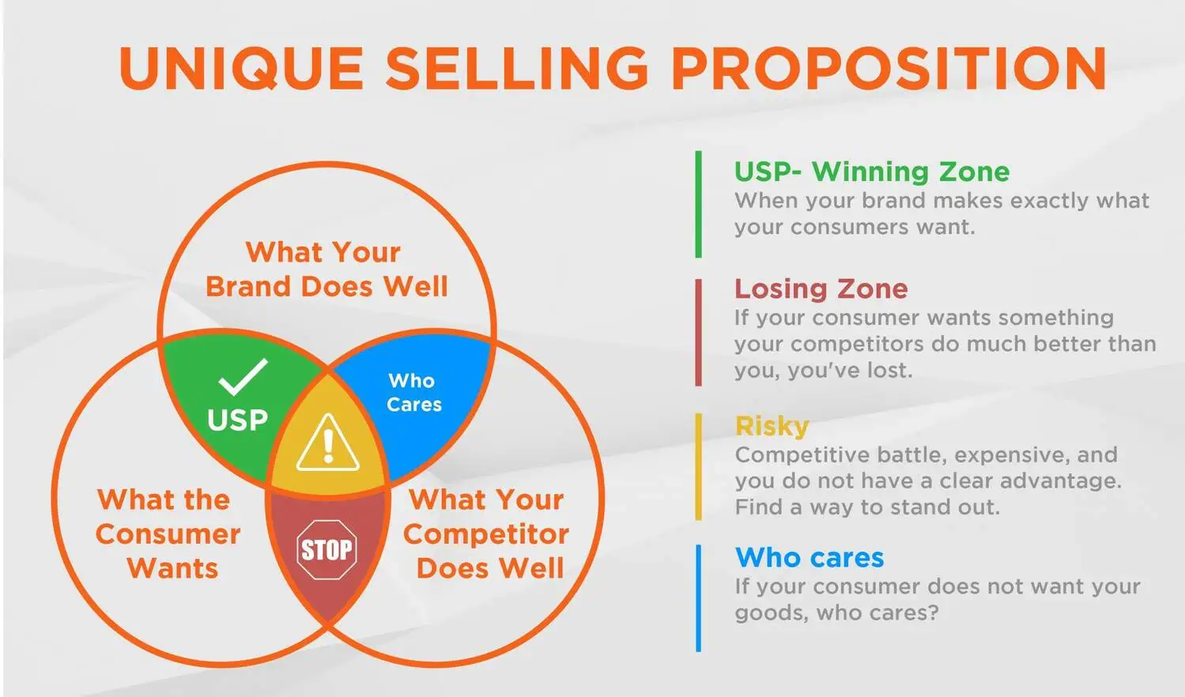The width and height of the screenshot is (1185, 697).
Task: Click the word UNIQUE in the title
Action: (242, 69)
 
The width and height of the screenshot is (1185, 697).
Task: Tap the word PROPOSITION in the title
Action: (889, 69)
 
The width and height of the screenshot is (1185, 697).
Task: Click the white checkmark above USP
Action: (243, 377)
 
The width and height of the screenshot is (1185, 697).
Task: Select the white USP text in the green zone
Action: (237, 420)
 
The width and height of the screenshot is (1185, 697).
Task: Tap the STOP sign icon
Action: (326, 549)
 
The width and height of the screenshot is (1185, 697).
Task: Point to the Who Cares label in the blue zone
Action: (413, 393)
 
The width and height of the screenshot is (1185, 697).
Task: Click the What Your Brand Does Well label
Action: (326, 269)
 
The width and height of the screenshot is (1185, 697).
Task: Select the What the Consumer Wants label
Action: (168, 533)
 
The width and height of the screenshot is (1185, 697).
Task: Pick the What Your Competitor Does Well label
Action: (486, 533)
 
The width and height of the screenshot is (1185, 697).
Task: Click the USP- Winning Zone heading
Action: (872, 171)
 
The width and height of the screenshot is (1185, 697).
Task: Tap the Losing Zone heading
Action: (821, 288)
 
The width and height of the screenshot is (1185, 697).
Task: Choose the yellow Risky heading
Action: (772, 426)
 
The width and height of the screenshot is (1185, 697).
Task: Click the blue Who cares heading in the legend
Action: (809, 557)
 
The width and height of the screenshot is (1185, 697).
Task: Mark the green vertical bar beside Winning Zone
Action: (698, 204)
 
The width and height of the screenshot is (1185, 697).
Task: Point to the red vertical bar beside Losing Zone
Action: (698, 333)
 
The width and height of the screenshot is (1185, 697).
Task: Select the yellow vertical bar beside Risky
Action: (698, 466)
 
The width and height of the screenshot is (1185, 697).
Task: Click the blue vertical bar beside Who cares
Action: (698, 598)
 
